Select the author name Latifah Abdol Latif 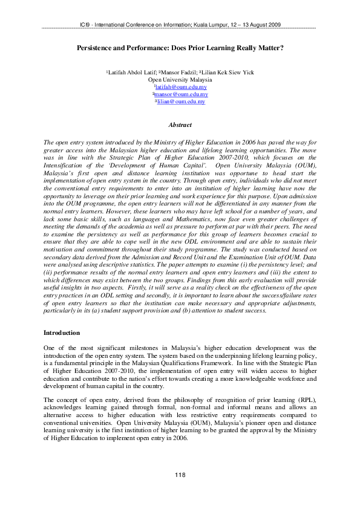click(131, 73)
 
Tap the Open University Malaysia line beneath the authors click(180, 80)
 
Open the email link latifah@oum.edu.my click(181, 87)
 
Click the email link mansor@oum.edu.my click(180, 94)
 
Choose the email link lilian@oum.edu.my click(181, 102)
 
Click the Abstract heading click(180, 125)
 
